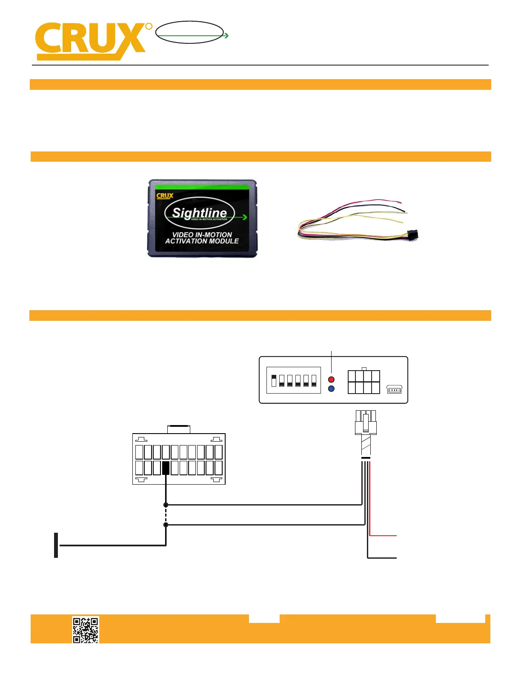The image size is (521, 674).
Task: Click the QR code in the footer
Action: [x=86, y=630]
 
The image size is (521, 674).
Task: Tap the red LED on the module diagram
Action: [x=331, y=379]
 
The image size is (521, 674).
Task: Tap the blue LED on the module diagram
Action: [x=331, y=388]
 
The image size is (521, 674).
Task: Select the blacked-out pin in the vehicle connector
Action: [x=166, y=468]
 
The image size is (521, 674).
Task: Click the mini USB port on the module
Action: [x=395, y=389]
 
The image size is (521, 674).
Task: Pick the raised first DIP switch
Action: [x=274, y=380]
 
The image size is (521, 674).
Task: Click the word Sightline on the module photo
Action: [x=199, y=212]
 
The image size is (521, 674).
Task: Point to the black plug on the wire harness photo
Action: [x=412, y=235]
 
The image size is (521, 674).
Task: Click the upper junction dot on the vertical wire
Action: [x=166, y=505]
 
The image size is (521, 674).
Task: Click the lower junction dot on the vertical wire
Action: [x=166, y=525]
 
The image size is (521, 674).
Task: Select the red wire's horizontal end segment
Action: [x=383, y=536]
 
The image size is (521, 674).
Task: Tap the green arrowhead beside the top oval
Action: [x=226, y=36]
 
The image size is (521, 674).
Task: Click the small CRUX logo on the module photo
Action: [x=165, y=196]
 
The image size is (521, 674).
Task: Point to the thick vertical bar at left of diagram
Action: [x=56, y=545]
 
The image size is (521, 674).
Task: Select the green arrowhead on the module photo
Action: [x=245, y=217]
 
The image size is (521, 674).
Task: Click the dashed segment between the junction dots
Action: [x=166, y=515]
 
